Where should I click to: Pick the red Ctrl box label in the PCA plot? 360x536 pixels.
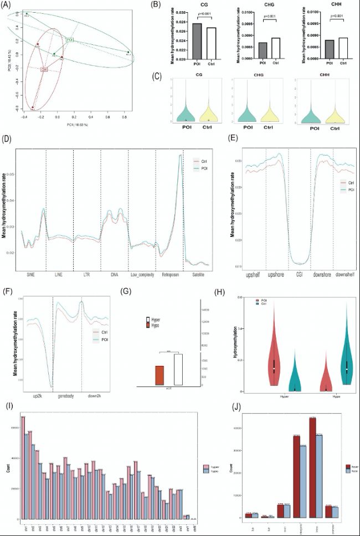coord(44,69)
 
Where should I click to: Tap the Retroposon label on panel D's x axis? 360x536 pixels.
coord(169,274)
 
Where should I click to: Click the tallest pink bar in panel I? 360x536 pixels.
coord(23,467)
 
